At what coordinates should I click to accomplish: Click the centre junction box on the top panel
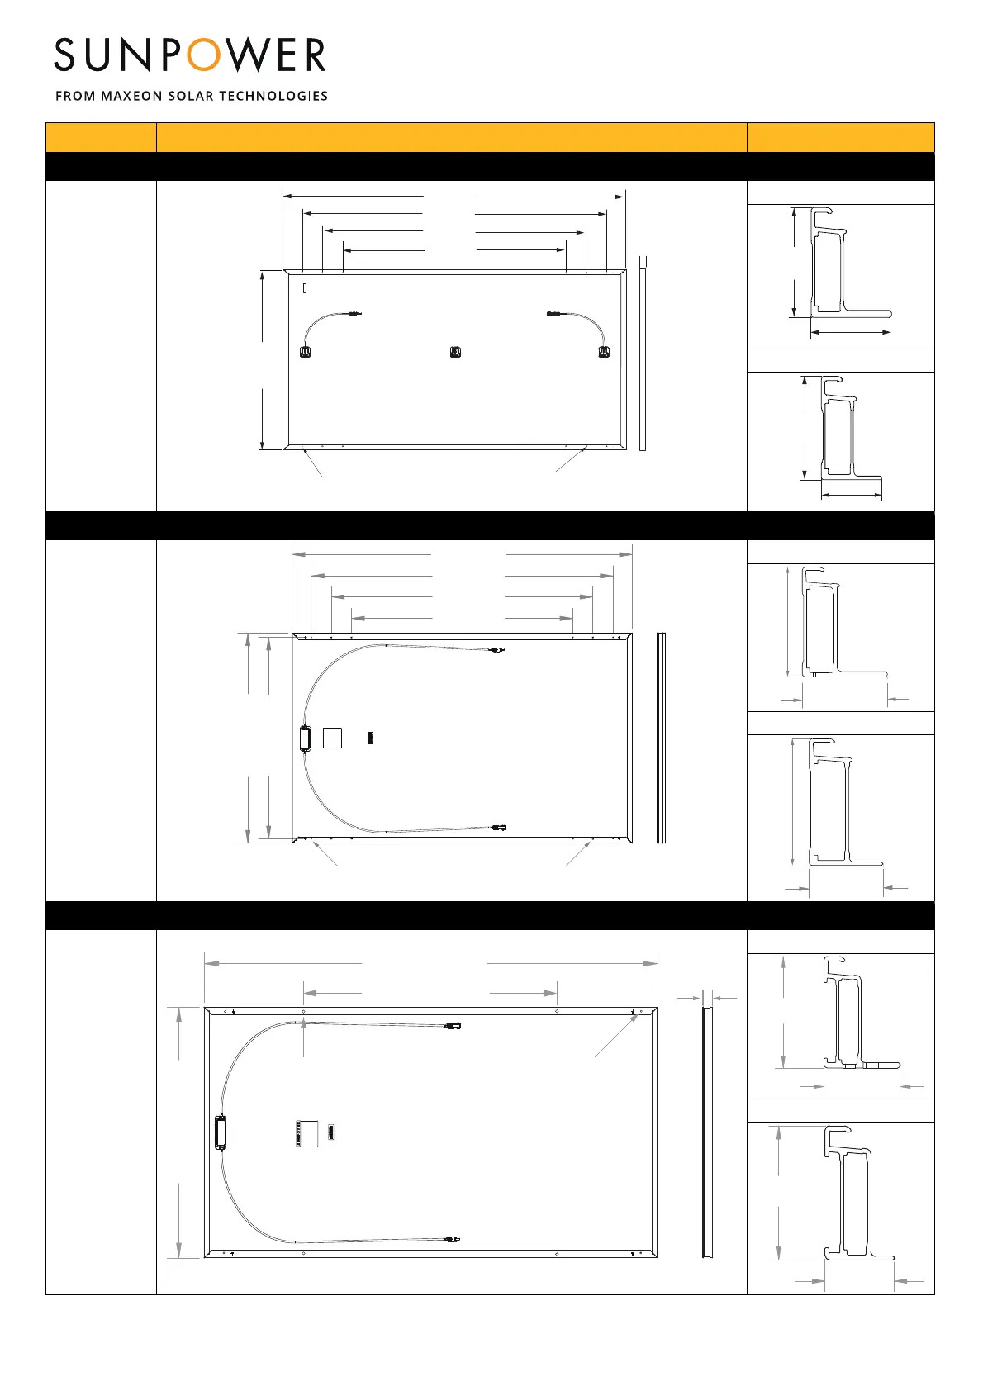(x=454, y=353)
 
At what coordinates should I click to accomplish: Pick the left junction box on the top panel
(x=304, y=353)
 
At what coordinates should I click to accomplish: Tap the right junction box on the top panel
(x=603, y=353)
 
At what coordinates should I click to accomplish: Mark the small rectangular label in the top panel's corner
(x=305, y=288)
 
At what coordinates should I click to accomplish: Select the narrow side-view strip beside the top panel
(x=643, y=358)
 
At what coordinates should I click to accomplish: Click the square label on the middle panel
(x=332, y=737)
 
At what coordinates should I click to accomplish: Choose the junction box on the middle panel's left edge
(x=304, y=738)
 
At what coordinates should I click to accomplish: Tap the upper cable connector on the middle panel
(x=497, y=650)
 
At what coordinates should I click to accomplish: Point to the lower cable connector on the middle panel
(x=497, y=827)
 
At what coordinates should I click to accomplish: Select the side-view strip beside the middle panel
(x=661, y=738)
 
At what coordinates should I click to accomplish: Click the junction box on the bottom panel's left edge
(x=221, y=1132)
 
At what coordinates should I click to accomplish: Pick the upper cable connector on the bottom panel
(x=453, y=1026)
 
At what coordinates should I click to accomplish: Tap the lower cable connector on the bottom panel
(x=451, y=1239)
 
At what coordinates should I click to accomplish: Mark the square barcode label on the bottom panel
(x=307, y=1133)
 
